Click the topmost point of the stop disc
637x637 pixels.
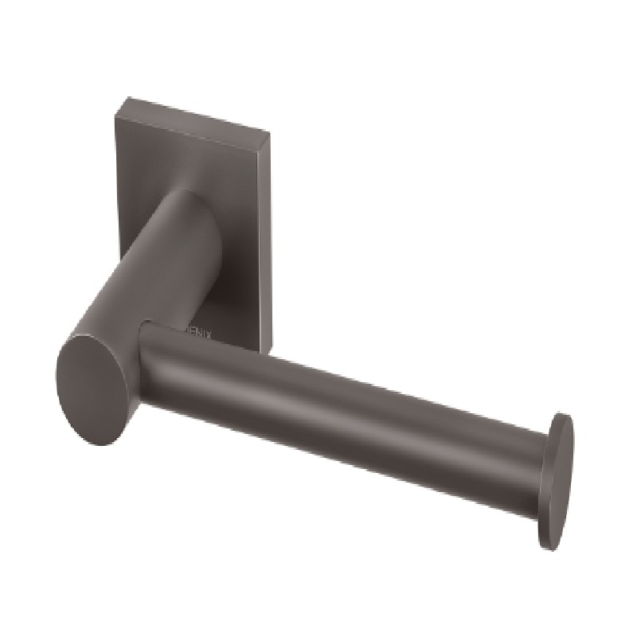[567, 415]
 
